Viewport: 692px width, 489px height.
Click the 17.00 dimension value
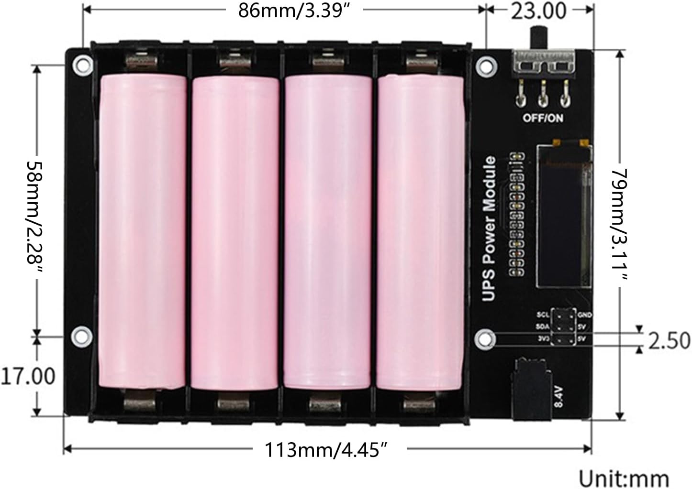tap(27, 376)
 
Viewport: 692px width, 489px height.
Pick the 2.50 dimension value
tap(669, 340)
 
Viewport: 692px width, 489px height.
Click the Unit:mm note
tap(623, 478)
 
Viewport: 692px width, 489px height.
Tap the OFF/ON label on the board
tap(542, 118)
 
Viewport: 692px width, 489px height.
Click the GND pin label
tap(585, 315)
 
